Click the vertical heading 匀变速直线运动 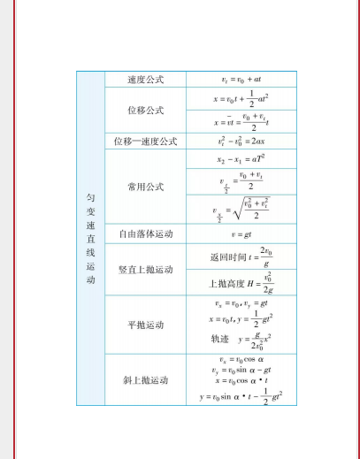click(90, 239)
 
